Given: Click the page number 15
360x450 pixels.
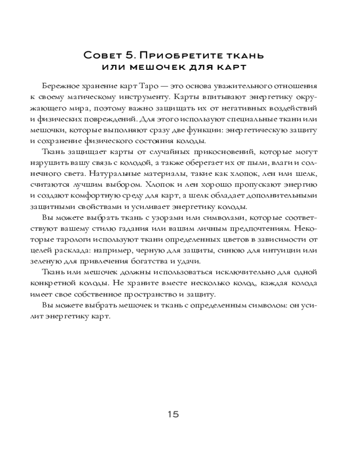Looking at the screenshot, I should tap(173, 414).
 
